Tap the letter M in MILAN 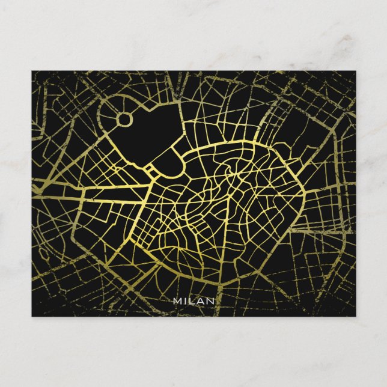click(x=176, y=300)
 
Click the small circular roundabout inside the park click(x=124, y=119)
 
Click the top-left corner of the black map click(x=32, y=72)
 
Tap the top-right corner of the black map click(x=355, y=72)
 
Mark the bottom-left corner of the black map click(x=32, y=315)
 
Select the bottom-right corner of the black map click(x=355, y=315)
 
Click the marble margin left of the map click(x=16, y=192)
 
